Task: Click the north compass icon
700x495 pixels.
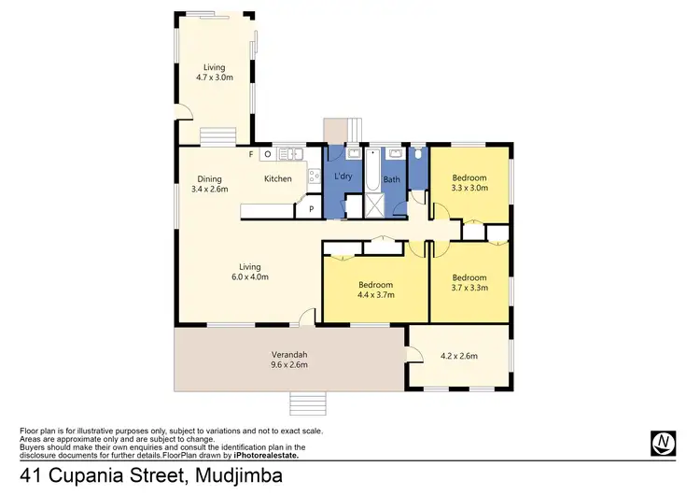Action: coord(663,442)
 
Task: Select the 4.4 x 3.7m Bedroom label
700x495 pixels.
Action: coord(375,290)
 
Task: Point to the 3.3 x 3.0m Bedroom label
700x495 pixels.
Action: coord(469,182)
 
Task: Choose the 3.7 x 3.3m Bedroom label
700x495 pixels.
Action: coord(469,282)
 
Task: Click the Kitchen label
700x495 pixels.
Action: coord(278,178)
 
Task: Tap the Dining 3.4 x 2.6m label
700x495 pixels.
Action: coord(209,183)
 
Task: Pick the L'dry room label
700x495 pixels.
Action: coord(343,177)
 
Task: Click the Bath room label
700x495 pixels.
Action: coord(392,179)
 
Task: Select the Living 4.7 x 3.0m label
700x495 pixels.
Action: coord(215,72)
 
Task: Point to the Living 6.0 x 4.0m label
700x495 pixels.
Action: coord(250,272)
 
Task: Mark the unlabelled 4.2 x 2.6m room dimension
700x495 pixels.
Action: coord(458,356)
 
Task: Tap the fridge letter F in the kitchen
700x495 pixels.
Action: coord(250,153)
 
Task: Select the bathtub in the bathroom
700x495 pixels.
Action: coord(371,173)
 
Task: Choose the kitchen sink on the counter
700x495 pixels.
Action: coord(287,153)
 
